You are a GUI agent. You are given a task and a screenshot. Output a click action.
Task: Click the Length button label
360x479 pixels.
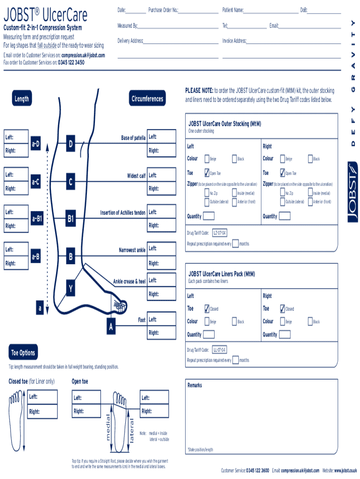click(x=22, y=99)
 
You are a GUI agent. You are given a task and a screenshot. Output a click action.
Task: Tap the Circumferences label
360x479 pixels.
click(x=147, y=99)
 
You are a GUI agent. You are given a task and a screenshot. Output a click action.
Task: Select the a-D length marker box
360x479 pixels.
click(x=36, y=144)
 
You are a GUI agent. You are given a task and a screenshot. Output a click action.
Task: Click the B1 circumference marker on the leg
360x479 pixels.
click(x=71, y=218)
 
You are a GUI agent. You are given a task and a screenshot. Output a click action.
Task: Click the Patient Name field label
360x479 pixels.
click(x=233, y=10)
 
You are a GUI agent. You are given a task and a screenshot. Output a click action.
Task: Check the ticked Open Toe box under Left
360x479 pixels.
click(x=207, y=173)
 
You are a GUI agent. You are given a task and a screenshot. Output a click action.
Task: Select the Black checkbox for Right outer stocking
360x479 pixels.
click(x=310, y=159)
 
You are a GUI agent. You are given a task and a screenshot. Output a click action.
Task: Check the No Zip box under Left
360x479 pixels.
click(x=206, y=193)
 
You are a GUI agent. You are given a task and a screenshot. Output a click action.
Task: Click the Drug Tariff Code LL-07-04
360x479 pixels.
click(x=219, y=350)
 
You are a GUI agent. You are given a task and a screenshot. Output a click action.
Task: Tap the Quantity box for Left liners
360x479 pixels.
click(x=209, y=334)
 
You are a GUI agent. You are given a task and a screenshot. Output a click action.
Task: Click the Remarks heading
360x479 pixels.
click(x=194, y=385)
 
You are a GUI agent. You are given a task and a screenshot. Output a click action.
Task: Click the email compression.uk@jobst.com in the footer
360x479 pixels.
click(x=300, y=471)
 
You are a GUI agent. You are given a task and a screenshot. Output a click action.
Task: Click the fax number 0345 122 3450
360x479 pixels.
click(x=71, y=62)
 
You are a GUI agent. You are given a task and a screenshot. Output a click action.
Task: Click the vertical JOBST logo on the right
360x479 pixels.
click(x=353, y=192)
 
